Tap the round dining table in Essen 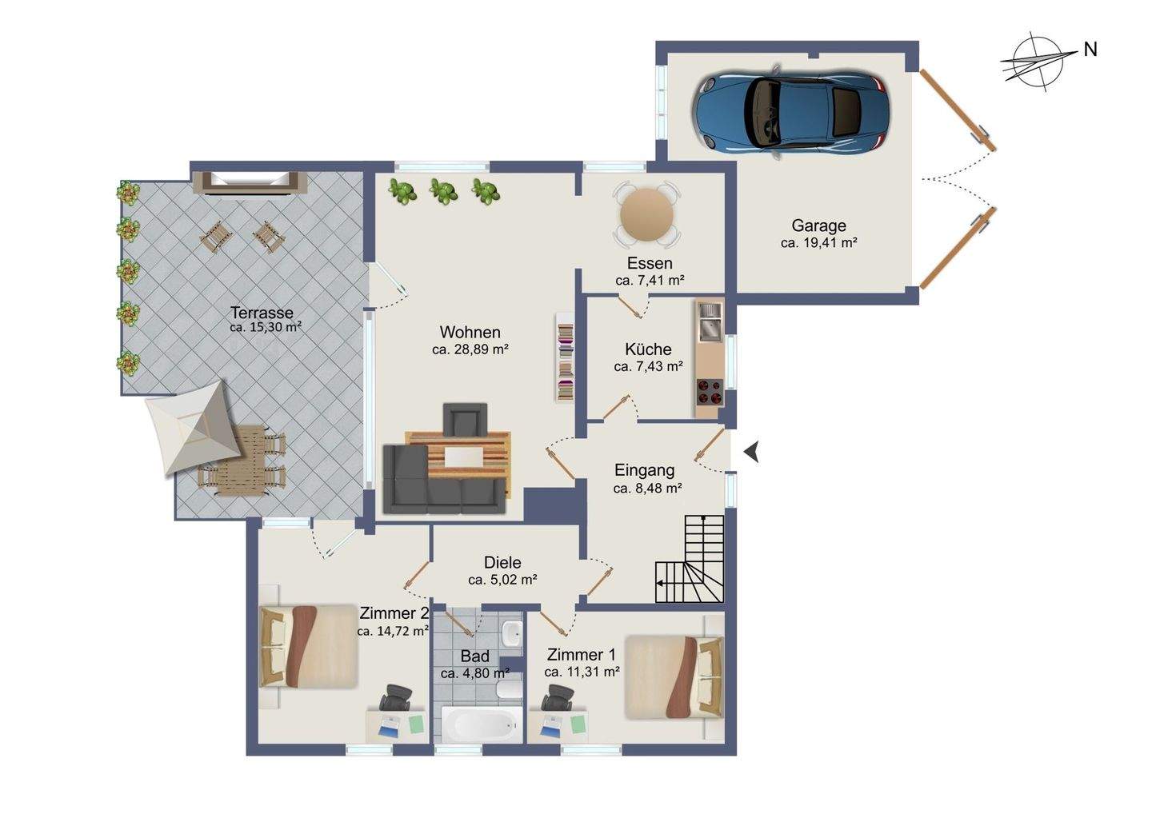(x=647, y=215)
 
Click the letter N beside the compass (x=1090, y=50)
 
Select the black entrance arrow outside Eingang (x=751, y=452)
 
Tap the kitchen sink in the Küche (x=710, y=322)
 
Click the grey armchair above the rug (x=465, y=419)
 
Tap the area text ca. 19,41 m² (x=818, y=243)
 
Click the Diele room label (x=502, y=562)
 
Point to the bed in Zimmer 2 (x=309, y=647)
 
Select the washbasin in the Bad (x=512, y=634)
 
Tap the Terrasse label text (x=262, y=313)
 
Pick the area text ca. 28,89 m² (x=470, y=349)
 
